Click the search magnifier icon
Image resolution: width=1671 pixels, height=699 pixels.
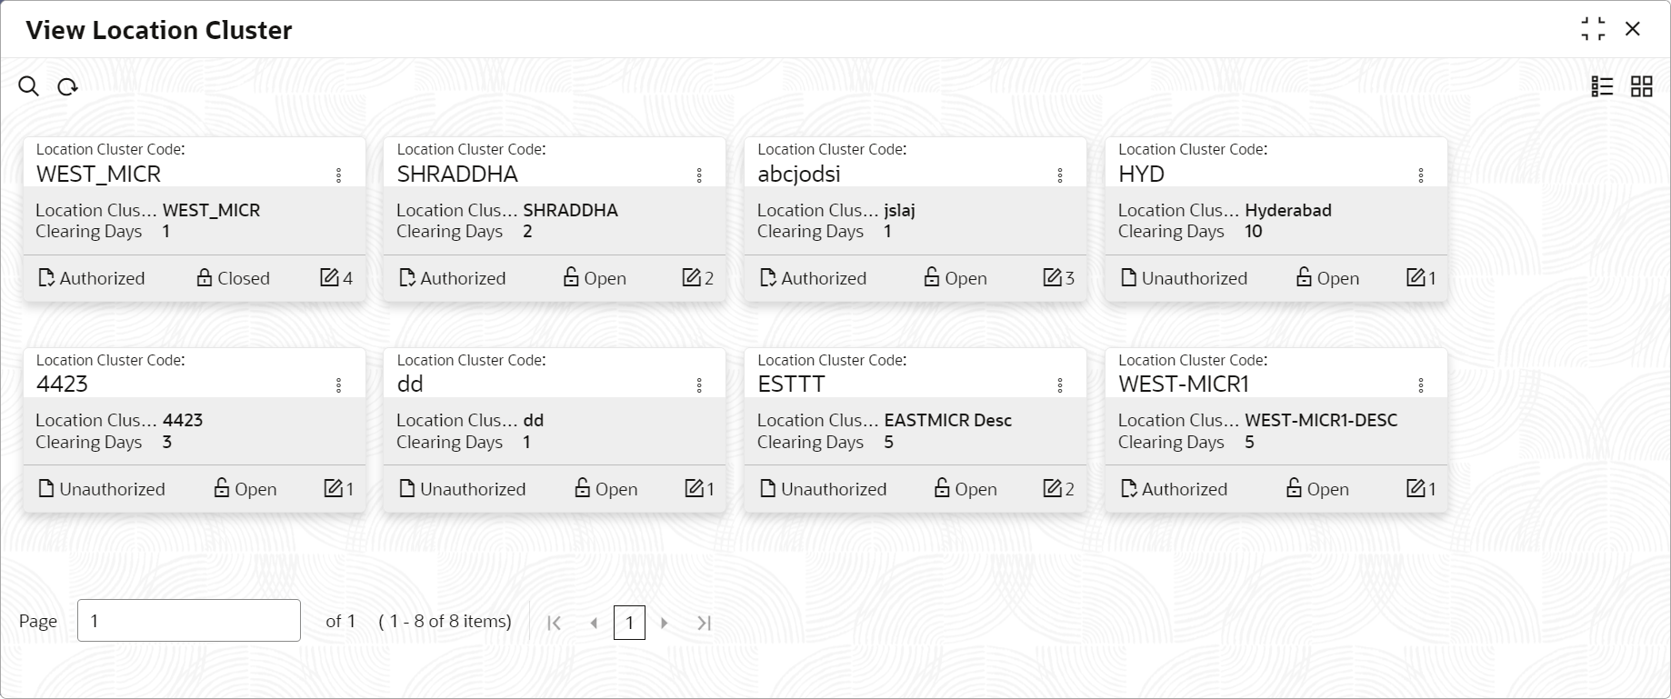coord(29,86)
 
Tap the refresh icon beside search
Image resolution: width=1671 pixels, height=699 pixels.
coord(67,87)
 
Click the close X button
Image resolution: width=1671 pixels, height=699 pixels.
coord(1633,29)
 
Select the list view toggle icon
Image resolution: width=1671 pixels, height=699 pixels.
coord(1602,86)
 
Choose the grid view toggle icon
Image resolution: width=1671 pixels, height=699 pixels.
coord(1641,86)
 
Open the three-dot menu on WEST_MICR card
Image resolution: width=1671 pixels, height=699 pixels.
coord(338,175)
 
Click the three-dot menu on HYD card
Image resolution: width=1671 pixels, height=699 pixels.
coord(1420,175)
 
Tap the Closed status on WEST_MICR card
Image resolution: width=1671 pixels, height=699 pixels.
coord(234,278)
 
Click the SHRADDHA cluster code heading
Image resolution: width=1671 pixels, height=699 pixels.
coord(457,174)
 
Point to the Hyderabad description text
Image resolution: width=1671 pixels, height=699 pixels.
coord(1287,210)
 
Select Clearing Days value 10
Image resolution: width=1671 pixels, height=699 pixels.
coord(1253,232)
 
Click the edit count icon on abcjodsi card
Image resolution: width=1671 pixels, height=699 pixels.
coord(1058,278)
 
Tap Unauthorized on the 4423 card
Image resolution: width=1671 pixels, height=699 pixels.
coord(102,489)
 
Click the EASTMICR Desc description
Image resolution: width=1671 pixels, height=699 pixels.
coord(947,420)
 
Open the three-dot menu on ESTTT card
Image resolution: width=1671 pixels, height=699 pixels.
coord(1060,385)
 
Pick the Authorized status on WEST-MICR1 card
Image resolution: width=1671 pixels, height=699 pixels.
coord(1174,489)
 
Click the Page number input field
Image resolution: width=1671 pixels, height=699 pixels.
coord(189,621)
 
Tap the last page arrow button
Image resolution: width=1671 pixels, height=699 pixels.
coord(704,623)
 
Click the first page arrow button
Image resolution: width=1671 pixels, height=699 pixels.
coord(554,623)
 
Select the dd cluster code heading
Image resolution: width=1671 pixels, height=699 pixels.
coord(410,384)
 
